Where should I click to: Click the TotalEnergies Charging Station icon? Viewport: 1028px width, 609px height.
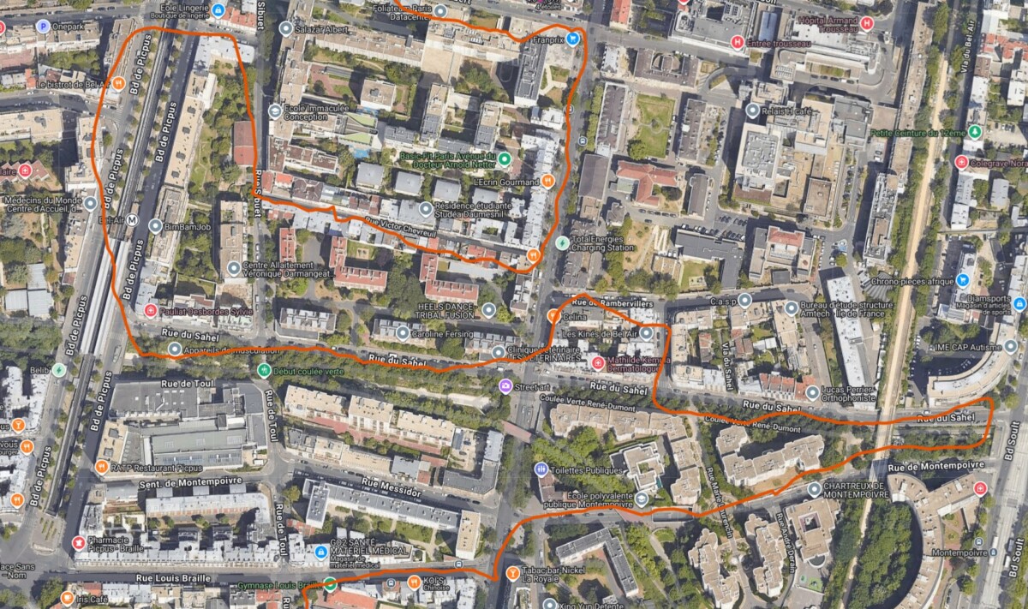click(562, 242)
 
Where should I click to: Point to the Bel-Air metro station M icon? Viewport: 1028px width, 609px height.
click(132, 220)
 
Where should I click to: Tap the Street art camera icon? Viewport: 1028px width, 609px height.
click(505, 385)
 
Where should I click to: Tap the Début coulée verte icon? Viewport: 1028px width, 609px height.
click(264, 370)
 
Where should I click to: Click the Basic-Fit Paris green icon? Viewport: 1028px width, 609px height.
click(505, 158)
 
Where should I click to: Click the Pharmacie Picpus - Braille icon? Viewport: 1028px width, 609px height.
click(79, 542)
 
